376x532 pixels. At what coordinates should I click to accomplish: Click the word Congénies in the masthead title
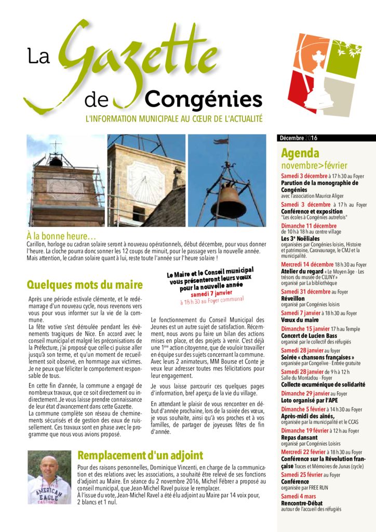pyautogui.click(x=203, y=99)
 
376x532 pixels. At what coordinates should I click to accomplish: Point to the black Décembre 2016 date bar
pyautogui.click(x=327, y=138)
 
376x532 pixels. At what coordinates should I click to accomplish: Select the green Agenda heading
pyautogui.click(x=300, y=153)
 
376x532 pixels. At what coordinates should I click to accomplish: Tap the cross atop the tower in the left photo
pyautogui.click(x=56, y=147)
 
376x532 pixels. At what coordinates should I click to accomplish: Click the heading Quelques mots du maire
pyautogui.click(x=84, y=285)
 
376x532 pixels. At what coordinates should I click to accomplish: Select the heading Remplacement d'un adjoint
pyautogui.click(x=140, y=456)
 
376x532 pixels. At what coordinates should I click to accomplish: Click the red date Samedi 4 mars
pyautogui.click(x=300, y=496)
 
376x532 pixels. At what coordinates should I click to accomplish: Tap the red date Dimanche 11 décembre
pyautogui.click(x=308, y=225)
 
